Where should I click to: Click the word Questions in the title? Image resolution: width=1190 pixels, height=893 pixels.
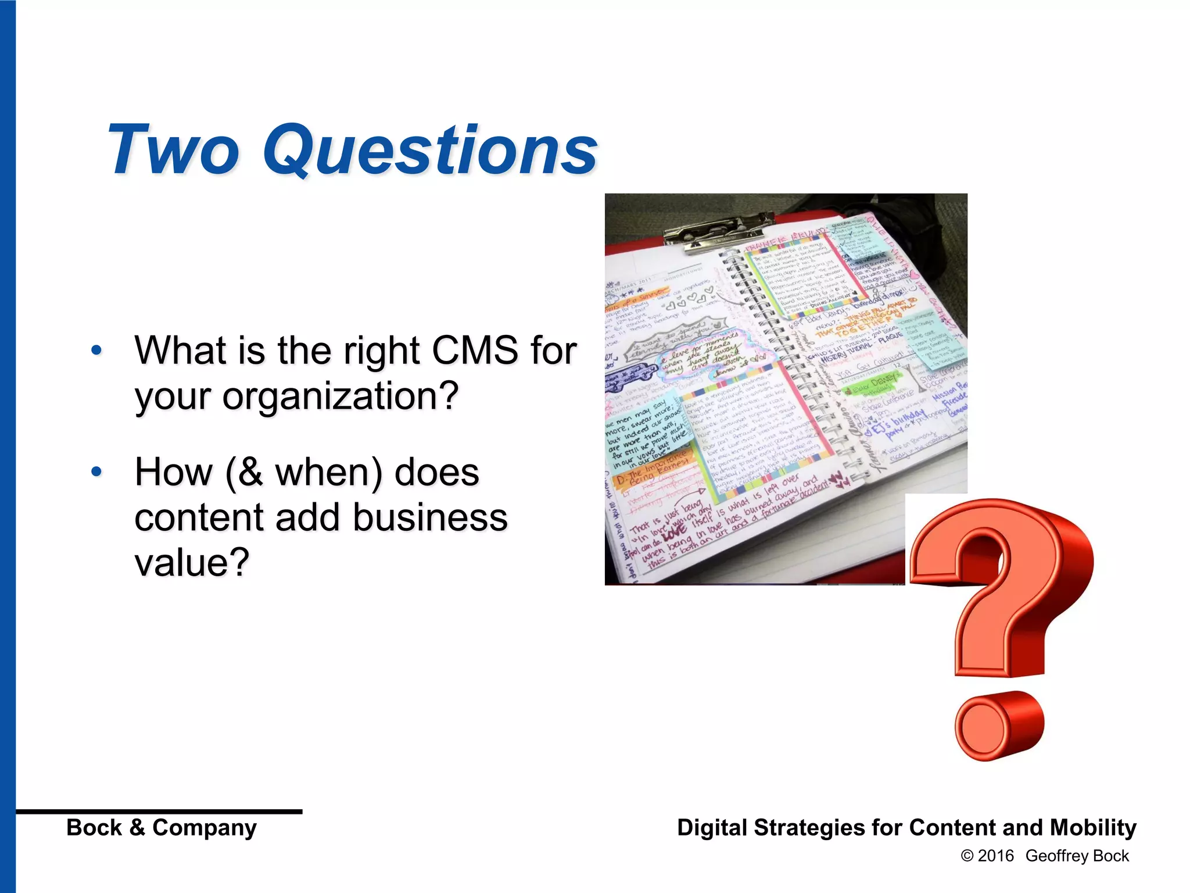point(430,150)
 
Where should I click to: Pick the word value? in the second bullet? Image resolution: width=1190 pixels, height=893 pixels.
point(192,563)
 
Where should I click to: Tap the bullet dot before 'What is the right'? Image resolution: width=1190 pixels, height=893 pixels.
point(96,351)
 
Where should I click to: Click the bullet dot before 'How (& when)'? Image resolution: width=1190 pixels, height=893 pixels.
point(96,471)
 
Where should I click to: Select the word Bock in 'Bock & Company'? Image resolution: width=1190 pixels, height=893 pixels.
point(94,827)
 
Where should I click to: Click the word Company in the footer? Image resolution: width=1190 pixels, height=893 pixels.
point(204,827)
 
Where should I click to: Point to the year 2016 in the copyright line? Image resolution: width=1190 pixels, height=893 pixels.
point(995,856)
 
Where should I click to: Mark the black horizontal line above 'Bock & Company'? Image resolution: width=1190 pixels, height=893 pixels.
point(159,811)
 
